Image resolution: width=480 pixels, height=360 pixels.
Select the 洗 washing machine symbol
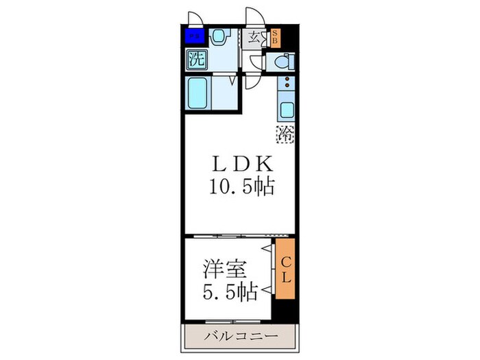point(196,58)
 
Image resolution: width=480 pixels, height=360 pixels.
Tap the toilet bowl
point(282,62)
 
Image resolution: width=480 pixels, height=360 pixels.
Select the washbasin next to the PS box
point(219,36)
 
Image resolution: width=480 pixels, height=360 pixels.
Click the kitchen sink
point(286,108)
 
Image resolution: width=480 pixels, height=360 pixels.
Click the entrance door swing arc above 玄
point(254,17)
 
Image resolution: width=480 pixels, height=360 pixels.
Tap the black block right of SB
point(288,37)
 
